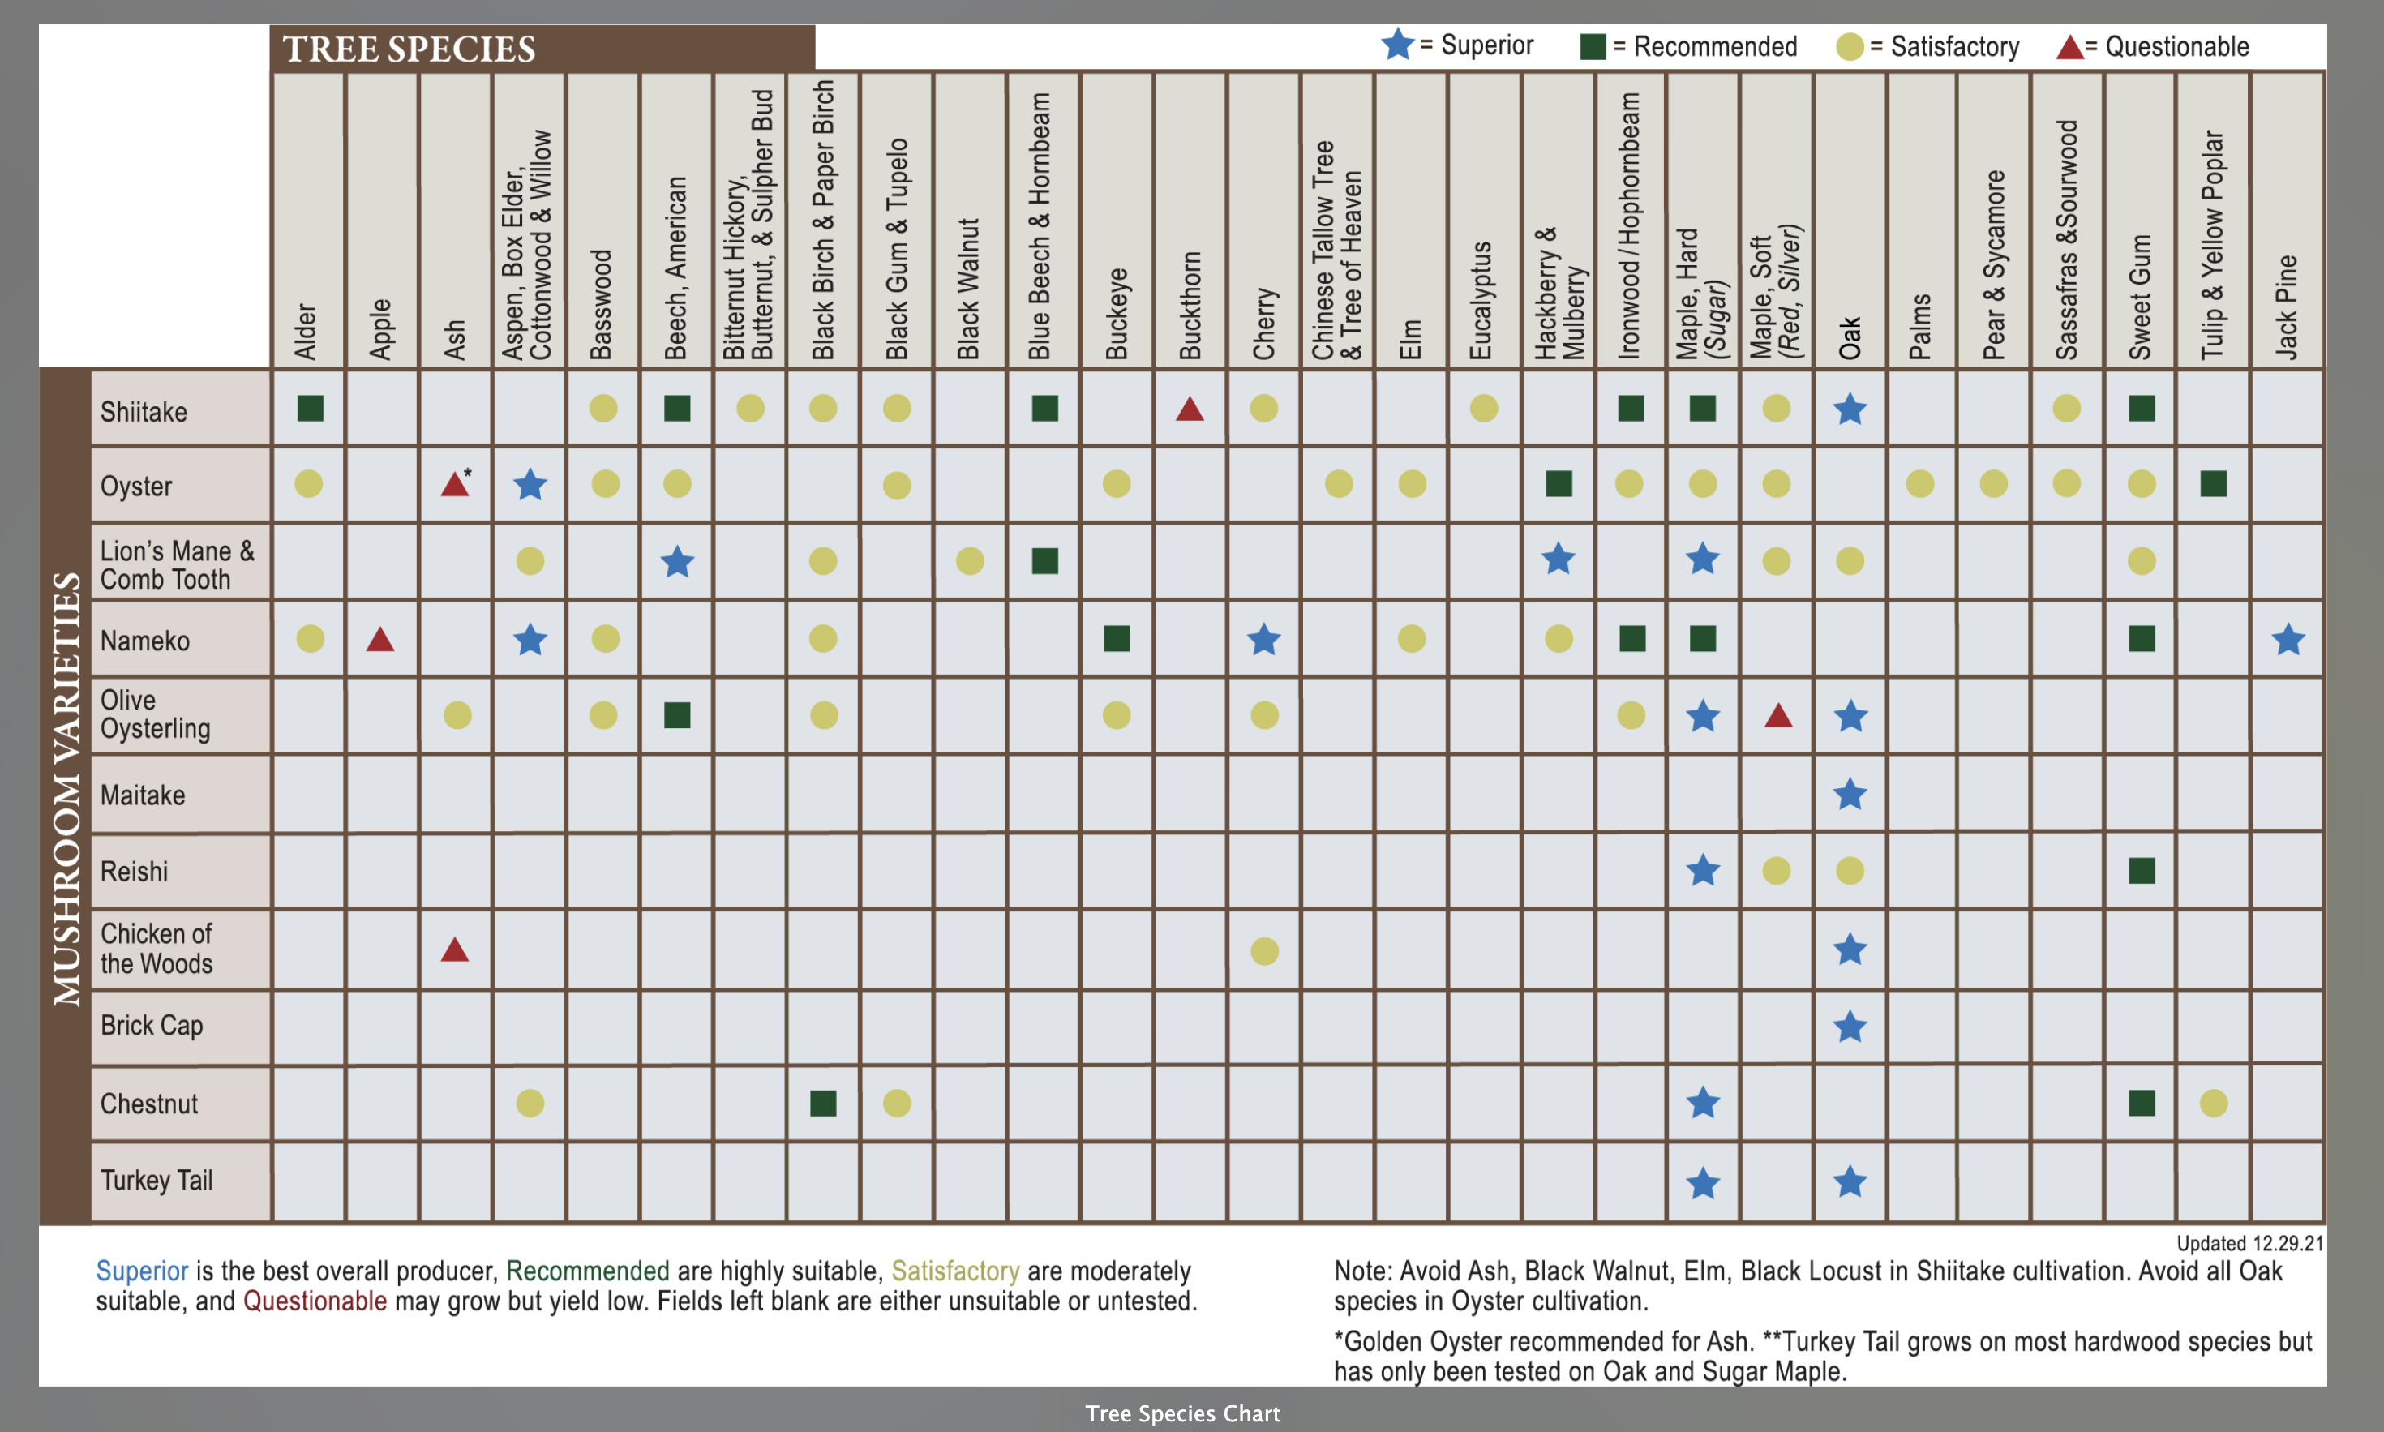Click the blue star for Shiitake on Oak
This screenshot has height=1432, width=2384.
tap(1850, 409)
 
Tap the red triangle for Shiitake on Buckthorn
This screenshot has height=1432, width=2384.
tap(1190, 410)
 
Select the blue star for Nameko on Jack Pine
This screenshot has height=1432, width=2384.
tap(2288, 639)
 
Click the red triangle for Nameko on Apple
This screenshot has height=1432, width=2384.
tap(380, 640)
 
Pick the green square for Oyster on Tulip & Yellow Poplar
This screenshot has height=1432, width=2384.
tap(2213, 483)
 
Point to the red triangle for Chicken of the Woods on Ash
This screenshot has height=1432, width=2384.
tap(454, 950)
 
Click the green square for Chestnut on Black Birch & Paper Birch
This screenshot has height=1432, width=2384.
tap(823, 1103)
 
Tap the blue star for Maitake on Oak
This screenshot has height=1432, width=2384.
tap(1850, 794)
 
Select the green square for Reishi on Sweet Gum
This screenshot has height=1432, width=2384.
tap(2141, 870)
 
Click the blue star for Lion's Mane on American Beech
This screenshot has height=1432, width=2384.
tap(677, 562)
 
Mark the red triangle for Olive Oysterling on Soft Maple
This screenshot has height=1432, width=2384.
tap(1778, 716)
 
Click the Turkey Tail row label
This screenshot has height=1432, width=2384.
tap(157, 1180)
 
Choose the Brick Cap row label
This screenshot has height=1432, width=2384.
tap(152, 1025)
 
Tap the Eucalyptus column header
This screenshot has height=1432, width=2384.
tap(1482, 299)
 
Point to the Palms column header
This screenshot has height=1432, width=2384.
tap(1920, 325)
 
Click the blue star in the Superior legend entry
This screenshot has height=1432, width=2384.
tap(1397, 45)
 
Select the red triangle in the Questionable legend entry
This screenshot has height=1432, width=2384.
tap(2069, 47)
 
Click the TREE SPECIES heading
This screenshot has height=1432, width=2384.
tap(409, 49)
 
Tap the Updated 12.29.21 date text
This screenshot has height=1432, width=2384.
tap(2250, 1243)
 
